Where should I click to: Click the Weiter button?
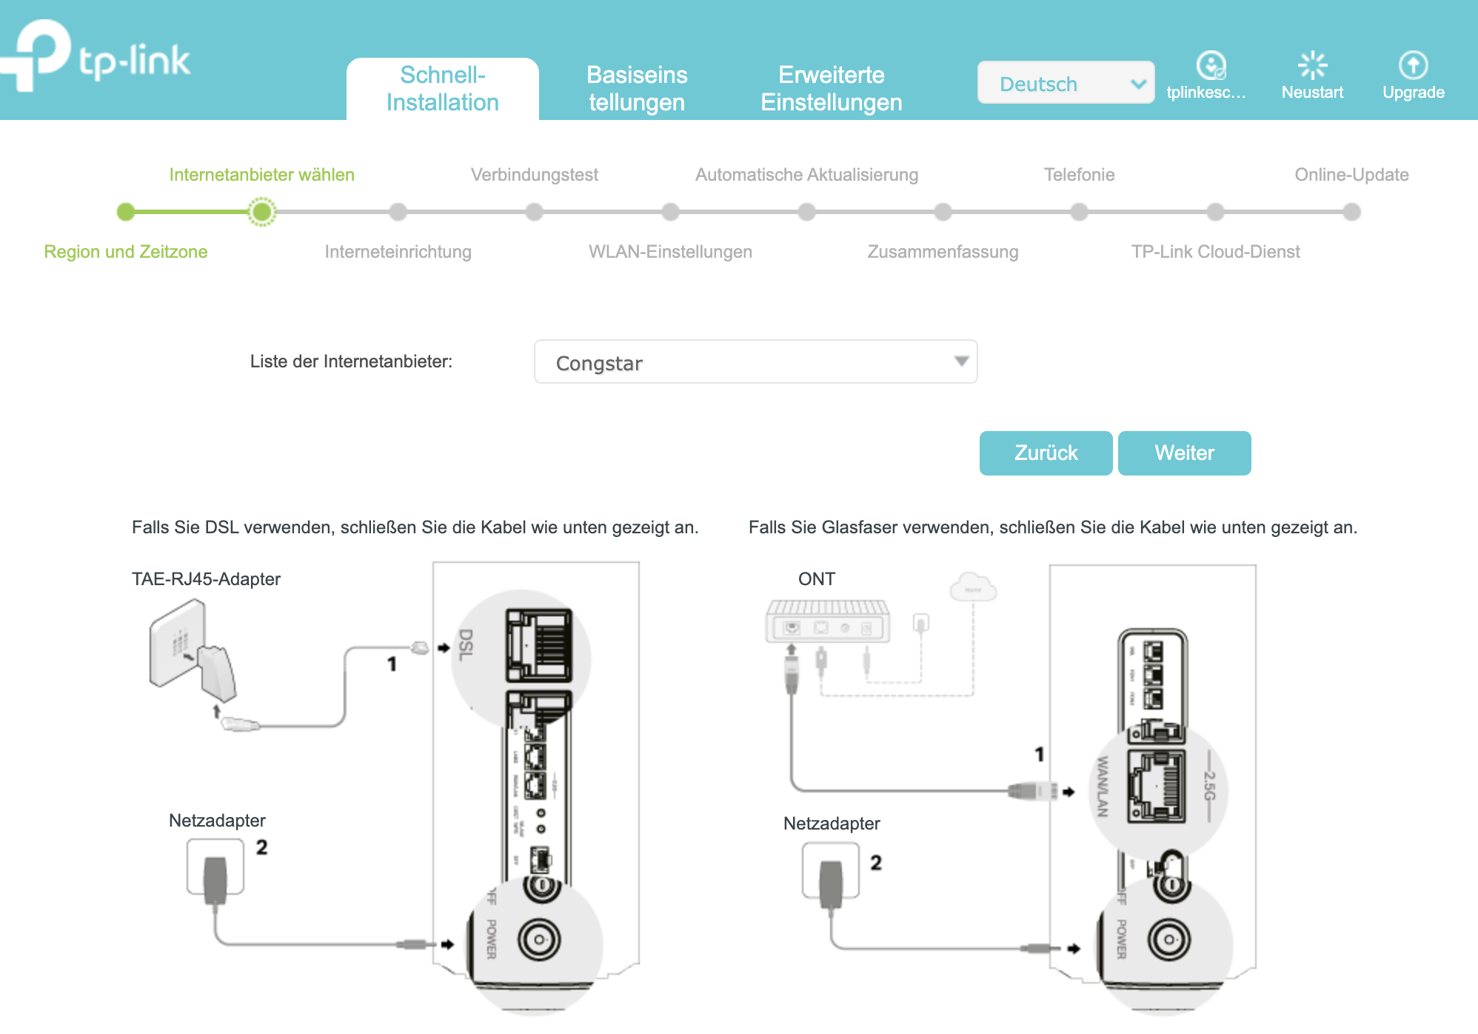click(x=1184, y=453)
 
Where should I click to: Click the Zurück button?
click(x=1046, y=453)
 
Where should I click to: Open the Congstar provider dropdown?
click(x=755, y=362)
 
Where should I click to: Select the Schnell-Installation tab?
click(x=443, y=89)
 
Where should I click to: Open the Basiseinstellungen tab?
click(x=637, y=89)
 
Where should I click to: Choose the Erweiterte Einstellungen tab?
click(x=831, y=89)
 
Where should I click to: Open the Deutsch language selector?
click(x=1065, y=83)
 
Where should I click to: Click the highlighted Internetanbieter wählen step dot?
click(x=261, y=213)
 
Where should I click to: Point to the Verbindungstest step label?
click(x=534, y=175)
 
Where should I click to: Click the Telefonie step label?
click(x=1079, y=175)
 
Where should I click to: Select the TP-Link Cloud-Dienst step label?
click(x=1215, y=252)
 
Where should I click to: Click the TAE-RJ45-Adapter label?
click(x=206, y=579)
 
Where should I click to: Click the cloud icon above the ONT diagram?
click(x=973, y=587)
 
